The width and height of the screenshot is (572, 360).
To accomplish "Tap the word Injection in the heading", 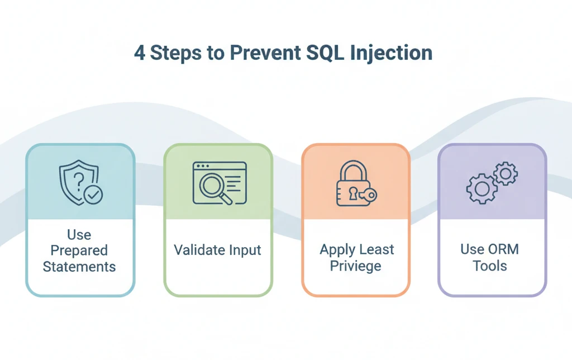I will (390, 53).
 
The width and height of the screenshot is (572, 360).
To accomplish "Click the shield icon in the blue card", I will (77, 181).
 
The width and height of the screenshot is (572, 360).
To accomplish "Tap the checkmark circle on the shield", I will (93, 195).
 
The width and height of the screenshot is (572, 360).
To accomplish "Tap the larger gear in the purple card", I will (482, 189).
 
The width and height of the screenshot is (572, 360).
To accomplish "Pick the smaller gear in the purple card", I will (506, 174).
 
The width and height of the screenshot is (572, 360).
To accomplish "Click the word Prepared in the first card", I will (79, 250).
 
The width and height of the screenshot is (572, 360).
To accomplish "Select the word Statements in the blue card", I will (79, 267).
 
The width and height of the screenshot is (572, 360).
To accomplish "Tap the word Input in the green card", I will (245, 250).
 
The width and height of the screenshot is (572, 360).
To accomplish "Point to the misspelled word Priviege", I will (355, 266).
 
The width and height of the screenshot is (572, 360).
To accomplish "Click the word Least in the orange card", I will (377, 250).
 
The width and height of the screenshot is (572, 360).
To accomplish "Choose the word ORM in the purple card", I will (502, 249).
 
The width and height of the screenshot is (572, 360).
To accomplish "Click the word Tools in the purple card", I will (490, 266).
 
